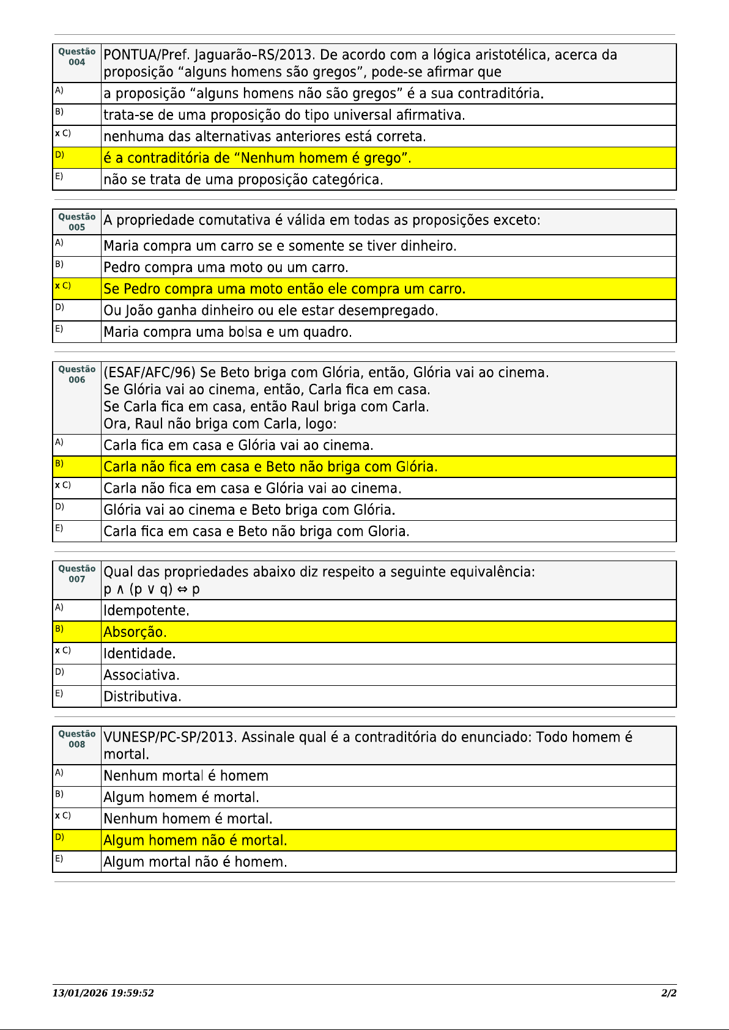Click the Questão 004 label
coord(77,57)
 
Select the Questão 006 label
coord(77,374)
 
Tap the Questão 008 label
coord(77,739)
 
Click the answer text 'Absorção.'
coord(135,632)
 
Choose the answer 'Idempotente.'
coord(147,611)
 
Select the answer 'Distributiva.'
coord(142,697)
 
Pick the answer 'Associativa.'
coord(142,675)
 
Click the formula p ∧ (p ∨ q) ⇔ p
coord(152,589)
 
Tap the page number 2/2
coord(668,993)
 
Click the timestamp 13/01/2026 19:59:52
coord(103,993)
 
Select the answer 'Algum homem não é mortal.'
coord(195,841)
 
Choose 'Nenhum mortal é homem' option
coord(186,776)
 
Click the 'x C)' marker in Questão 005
coord(63,285)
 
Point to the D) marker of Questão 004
coord(59,155)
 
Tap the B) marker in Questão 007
coord(59,628)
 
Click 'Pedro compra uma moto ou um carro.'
coord(226,268)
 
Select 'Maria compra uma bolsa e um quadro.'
coord(228,333)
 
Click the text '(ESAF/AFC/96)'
coord(149,373)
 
